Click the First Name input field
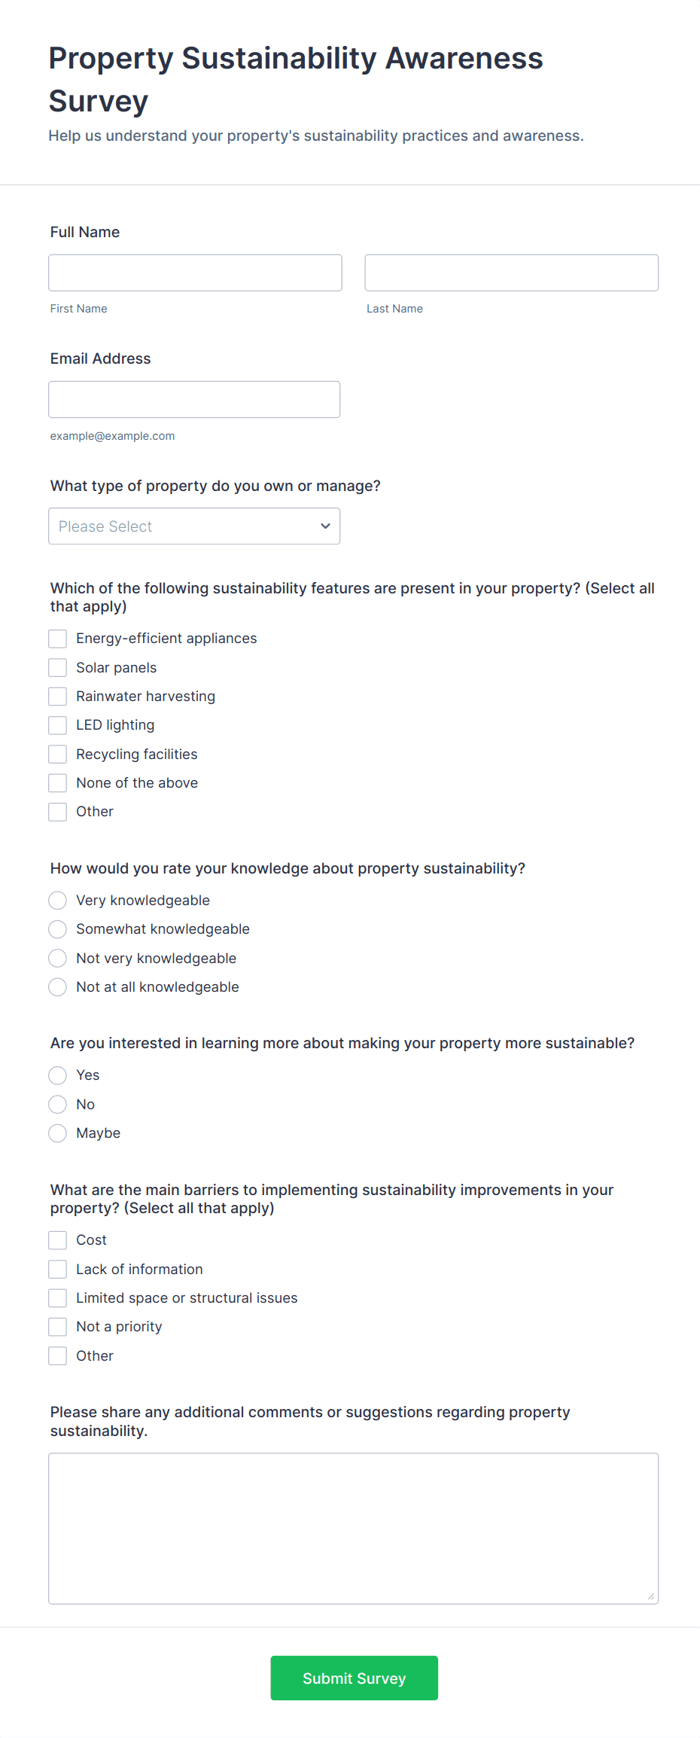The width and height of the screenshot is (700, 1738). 195,273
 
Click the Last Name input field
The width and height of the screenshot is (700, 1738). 511,273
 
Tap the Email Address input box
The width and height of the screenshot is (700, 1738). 194,399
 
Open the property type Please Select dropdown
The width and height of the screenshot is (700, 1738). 194,526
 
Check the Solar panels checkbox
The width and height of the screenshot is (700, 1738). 58,668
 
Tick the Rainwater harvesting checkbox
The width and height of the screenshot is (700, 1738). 58,697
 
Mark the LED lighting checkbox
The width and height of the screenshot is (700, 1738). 58,725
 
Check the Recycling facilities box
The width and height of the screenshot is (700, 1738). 58,755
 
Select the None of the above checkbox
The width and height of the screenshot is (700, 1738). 58,783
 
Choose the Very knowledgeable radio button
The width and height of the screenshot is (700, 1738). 58,901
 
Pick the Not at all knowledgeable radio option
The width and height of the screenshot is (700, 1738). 58,987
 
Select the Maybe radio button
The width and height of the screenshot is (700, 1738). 58,1133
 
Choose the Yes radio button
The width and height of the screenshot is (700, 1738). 58,1075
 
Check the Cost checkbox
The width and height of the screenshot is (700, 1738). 58,1240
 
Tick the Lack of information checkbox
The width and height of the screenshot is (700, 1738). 58,1270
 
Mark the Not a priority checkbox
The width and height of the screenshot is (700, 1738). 58,1327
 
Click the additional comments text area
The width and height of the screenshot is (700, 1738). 353,1529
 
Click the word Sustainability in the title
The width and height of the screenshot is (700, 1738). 278,59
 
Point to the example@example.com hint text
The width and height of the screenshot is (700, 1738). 112,436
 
